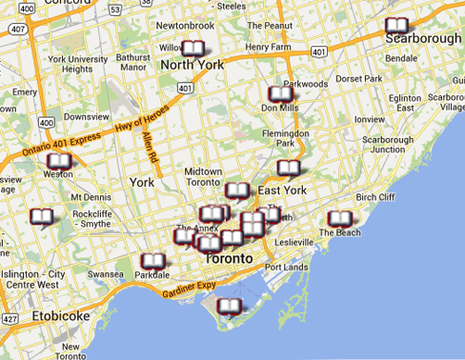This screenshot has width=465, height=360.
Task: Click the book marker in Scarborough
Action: [x=395, y=28]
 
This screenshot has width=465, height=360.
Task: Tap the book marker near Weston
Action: [x=58, y=163]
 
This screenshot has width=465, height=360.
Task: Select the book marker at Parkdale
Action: [x=152, y=261]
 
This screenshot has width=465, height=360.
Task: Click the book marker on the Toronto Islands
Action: [x=229, y=307]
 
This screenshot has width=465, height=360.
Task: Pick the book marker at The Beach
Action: [x=339, y=220]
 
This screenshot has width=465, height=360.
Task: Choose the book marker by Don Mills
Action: [x=281, y=95]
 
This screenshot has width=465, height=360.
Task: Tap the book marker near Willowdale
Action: [x=193, y=49]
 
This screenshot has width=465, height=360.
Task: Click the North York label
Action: [x=191, y=65]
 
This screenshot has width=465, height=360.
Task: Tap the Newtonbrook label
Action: [x=177, y=26]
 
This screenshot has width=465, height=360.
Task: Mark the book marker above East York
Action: [x=289, y=169]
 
